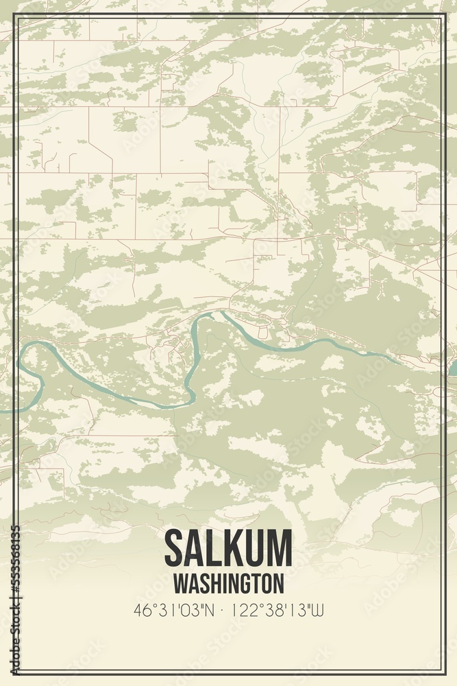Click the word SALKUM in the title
(x=228, y=548)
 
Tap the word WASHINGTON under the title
(x=228, y=583)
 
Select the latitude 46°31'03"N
(x=175, y=609)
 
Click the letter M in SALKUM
(x=280, y=548)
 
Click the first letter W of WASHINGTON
(x=180, y=583)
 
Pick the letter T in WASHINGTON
(x=256, y=583)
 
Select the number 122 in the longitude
(x=242, y=609)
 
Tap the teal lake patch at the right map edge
(x=452, y=368)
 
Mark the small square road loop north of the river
(x=348, y=220)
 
